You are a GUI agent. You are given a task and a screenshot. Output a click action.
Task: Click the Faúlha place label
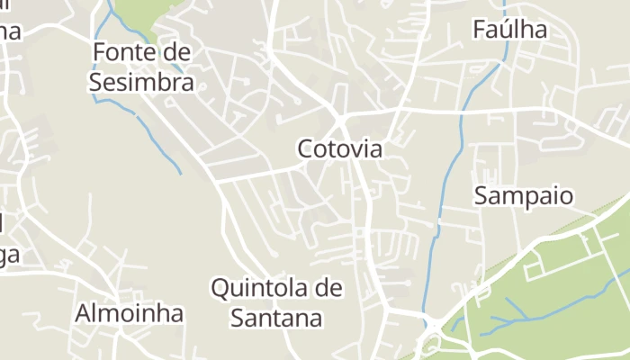[x=509, y=30]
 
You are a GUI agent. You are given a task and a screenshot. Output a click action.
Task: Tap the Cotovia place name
[x=339, y=148]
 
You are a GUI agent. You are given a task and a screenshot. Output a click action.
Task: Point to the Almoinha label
[x=130, y=313]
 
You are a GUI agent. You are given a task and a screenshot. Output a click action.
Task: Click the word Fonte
[x=122, y=53]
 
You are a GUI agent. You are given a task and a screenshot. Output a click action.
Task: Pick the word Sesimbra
[x=141, y=83]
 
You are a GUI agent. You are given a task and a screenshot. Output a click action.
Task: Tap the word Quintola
[x=256, y=289]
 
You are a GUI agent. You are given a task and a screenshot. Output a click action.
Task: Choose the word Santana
[x=276, y=317]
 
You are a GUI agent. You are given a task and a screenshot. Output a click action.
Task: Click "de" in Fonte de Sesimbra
[x=177, y=53]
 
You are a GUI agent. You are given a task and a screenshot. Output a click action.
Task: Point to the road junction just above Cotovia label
[x=341, y=119]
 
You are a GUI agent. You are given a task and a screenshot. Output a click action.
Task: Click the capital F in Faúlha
[x=480, y=30]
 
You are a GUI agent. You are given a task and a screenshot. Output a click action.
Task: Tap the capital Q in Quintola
[x=220, y=289]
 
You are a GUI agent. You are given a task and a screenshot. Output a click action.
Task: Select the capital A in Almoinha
[x=84, y=313]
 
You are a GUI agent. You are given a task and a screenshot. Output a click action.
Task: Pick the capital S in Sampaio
[x=481, y=195]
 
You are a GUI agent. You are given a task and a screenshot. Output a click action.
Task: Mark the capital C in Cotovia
[x=306, y=148]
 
